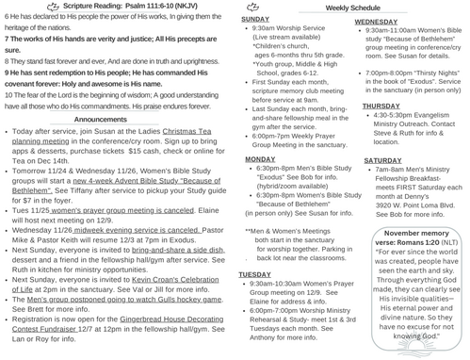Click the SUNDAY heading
point(255,19)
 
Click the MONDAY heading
point(257,160)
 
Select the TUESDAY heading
point(256,273)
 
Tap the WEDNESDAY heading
point(377,20)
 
